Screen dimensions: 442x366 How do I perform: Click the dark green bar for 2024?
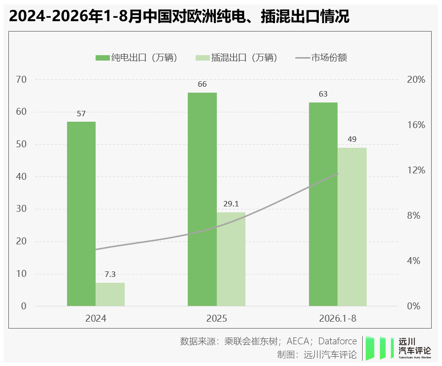pos(81,214)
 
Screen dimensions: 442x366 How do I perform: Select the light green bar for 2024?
pos(110,294)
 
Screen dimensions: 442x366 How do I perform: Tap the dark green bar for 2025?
pos(202,199)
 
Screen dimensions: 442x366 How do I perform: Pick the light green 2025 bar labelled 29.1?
pos(231,259)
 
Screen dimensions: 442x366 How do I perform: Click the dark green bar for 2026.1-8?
pos(323,204)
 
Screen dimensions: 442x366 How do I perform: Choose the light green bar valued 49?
pos(352,227)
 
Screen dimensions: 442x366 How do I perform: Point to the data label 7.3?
pos(110,274)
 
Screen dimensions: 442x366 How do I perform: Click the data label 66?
pos(202,84)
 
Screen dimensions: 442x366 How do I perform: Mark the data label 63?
pos(323,94)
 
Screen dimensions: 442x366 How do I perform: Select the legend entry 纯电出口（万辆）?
pos(136,58)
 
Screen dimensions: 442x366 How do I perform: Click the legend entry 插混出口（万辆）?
pos(237,58)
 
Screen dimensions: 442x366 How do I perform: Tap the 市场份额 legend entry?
pos(321,58)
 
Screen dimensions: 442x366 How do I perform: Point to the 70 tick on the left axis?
pos(21,80)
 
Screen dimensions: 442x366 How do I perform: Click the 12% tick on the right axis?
pos(416,170)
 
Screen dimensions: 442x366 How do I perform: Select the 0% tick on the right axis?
pos(413,306)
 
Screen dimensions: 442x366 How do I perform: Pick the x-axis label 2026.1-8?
pos(338,318)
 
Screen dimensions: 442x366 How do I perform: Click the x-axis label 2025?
pos(216,318)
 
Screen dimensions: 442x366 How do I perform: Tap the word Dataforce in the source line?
pos(338,341)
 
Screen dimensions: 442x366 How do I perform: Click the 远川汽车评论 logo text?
pos(414,347)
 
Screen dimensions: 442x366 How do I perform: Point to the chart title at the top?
pos(179,16)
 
